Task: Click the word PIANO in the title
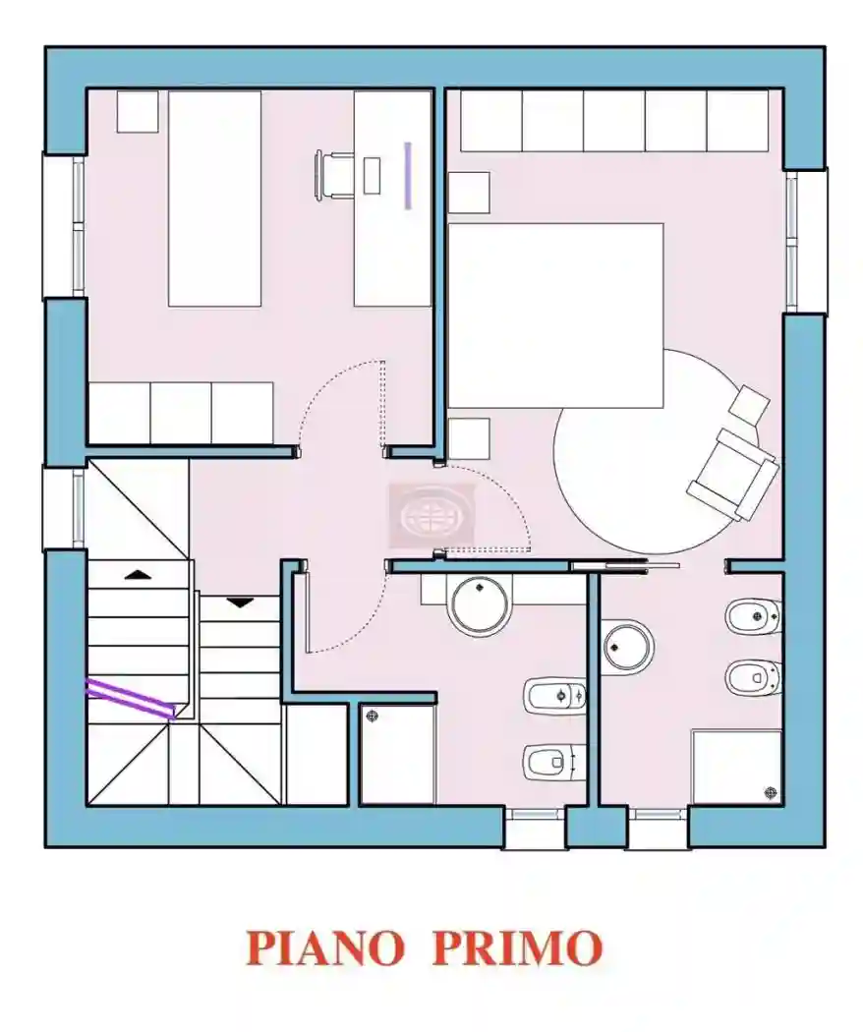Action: point(324,946)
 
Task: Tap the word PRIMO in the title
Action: point(517,946)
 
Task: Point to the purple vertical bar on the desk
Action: point(407,175)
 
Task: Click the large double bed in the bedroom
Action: point(555,315)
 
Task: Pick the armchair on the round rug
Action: point(733,473)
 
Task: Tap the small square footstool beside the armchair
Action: point(752,402)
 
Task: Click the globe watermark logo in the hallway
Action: point(432,514)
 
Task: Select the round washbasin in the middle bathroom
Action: point(480,603)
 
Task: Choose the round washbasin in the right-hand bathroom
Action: point(627,646)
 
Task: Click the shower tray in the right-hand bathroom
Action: point(737,767)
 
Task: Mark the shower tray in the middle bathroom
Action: point(397,753)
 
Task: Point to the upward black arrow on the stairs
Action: point(138,573)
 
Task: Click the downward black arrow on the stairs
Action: point(239,602)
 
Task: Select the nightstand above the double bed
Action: point(469,192)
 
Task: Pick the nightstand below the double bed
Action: point(469,438)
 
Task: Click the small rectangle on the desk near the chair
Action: point(372,175)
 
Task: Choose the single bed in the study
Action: point(214,199)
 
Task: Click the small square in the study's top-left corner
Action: point(138,111)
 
